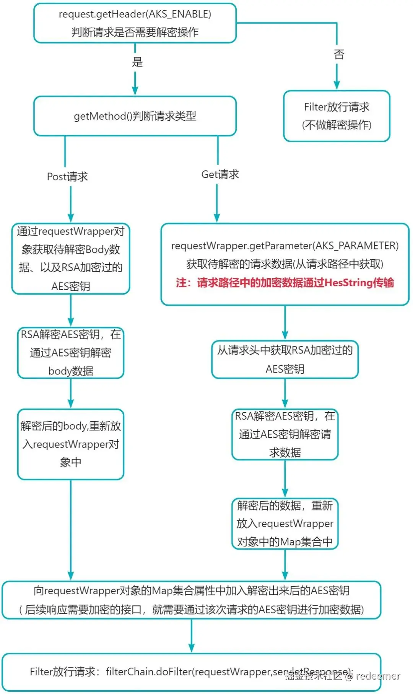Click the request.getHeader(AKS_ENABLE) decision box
pyautogui.click(x=135, y=23)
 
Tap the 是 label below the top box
pyautogui.click(x=137, y=62)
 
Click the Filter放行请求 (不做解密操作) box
pyautogui.click(x=337, y=116)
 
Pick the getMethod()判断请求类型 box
pyautogui.click(x=135, y=116)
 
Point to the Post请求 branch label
pyautogui.click(x=67, y=177)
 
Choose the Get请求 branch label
pyautogui.click(x=220, y=175)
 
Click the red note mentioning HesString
pyautogui.click(x=285, y=283)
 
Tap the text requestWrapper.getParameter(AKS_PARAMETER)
pyautogui.click(x=285, y=246)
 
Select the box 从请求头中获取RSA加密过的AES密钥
pyautogui.click(x=285, y=359)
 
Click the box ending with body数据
pyautogui.click(x=71, y=353)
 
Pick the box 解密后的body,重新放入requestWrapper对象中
pyautogui.click(x=71, y=444)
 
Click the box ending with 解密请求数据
pyautogui.click(x=285, y=435)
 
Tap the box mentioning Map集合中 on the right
pyautogui.click(x=285, y=524)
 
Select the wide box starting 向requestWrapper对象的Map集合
pyautogui.click(x=191, y=600)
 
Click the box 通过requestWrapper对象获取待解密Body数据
pyautogui.click(x=71, y=259)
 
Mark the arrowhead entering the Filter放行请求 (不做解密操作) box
pyautogui.click(x=337, y=86)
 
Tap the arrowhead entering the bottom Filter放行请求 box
pyautogui.click(x=192, y=649)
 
